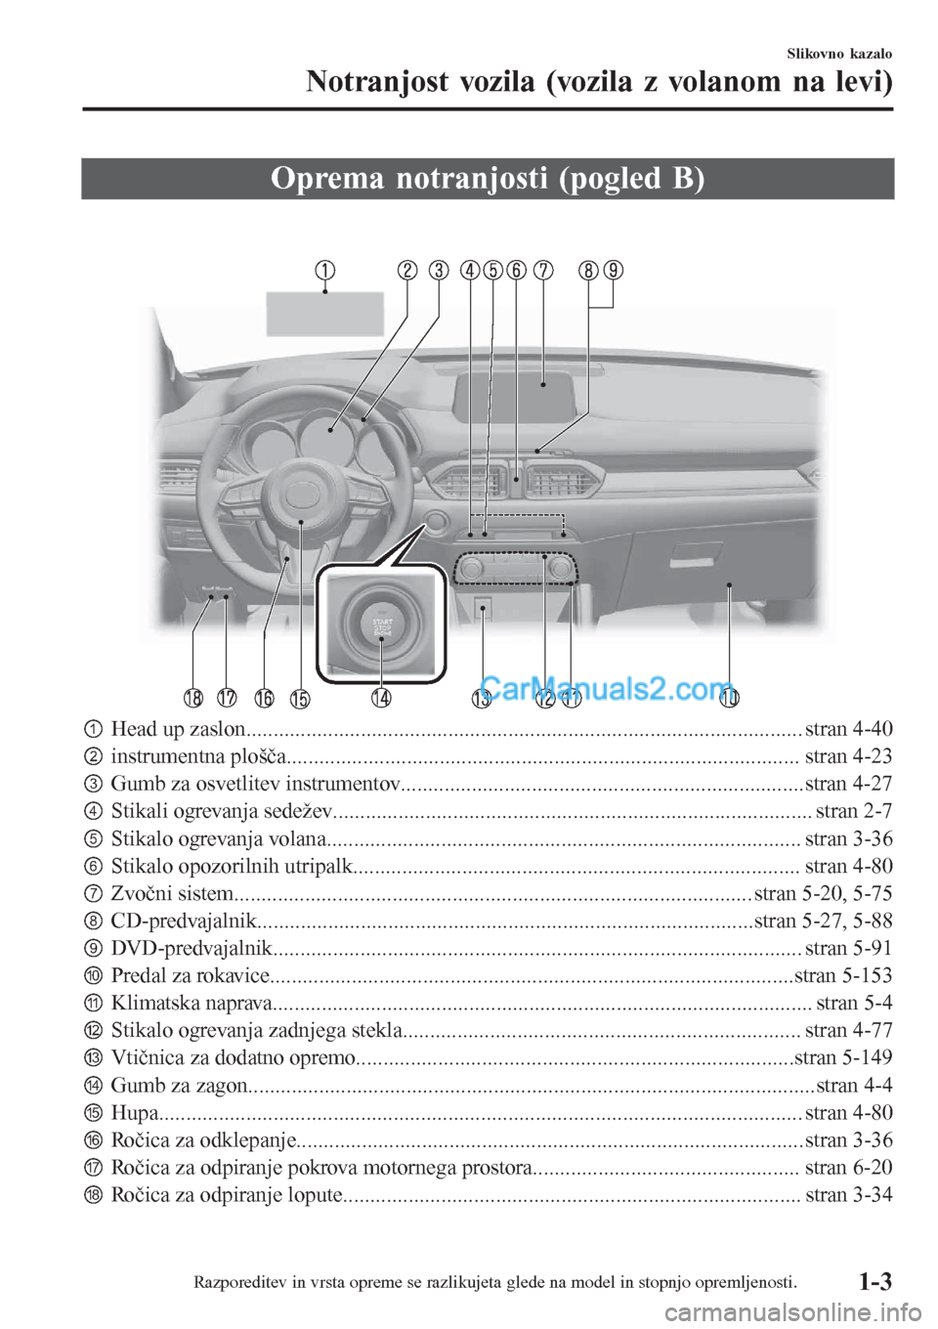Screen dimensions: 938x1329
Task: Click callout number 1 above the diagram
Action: [x=324, y=271]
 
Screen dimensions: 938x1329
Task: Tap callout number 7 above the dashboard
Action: [x=543, y=271]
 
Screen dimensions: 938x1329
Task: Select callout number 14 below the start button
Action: [x=381, y=698]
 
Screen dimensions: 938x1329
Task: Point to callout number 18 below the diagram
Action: [x=192, y=699]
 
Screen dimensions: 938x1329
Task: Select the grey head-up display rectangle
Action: [x=324, y=314]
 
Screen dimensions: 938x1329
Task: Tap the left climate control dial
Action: [x=471, y=569]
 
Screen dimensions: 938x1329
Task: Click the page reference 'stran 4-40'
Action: [x=848, y=729]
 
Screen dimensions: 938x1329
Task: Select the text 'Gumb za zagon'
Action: [x=179, y=1086]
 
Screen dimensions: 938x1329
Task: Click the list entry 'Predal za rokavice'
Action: [x=191, y=976]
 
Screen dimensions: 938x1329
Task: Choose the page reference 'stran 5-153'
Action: [x=843, y=976]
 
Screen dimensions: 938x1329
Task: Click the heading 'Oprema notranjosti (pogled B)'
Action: [x=488, y=179]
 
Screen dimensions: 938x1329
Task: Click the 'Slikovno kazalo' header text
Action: [x=839, y=54]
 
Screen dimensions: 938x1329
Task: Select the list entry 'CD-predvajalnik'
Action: [x=184, y=922]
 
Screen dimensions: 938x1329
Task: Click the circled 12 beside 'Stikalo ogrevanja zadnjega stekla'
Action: [x=92, y=1031]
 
